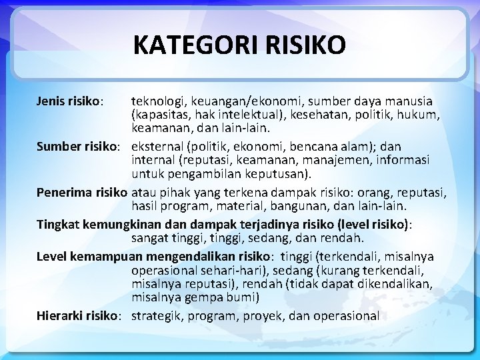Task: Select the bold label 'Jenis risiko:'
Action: tap(69, 101)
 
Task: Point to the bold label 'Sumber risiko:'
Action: tap(78, 146)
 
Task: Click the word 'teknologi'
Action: tap(158, 101)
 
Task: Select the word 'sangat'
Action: tap(151, 238)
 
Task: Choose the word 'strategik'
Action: tap(157, 316)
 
